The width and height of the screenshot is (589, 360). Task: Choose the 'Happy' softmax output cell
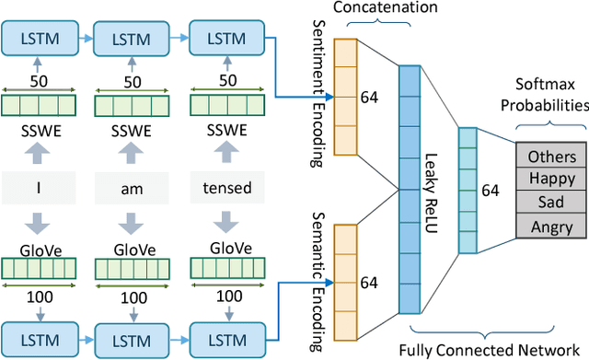(x=551, y=178)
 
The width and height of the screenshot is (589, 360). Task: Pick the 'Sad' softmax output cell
(x=551, y=202)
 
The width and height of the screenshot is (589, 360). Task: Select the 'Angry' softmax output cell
(x=551, y=226)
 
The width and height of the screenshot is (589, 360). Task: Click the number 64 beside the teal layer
(x=491, y=190)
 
